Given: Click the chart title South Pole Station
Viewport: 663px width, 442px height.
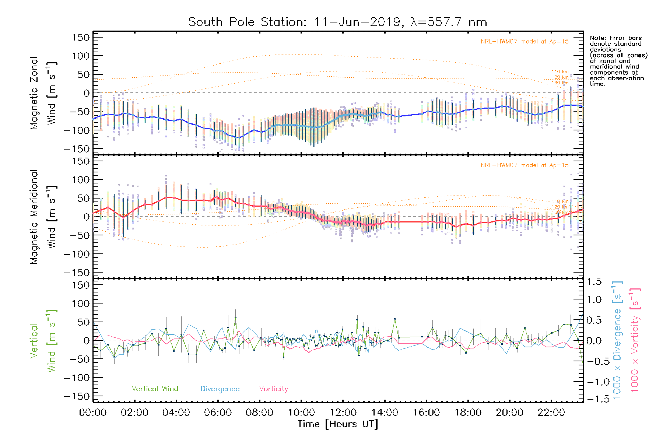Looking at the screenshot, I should coord(337,22).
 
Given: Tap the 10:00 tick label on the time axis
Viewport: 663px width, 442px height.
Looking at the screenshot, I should coord(301,413).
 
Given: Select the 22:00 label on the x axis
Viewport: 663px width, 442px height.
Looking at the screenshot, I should coord(551,413).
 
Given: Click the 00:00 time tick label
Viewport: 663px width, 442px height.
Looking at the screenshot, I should coord(93,413).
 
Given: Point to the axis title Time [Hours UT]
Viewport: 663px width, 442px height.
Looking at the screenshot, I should coord(338,424).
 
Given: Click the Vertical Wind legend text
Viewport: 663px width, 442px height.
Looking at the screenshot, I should coord(155,389).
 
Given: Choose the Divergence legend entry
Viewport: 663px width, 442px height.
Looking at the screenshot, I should coord(220,389).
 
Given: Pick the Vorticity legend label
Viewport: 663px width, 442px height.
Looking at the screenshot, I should coord(273,389).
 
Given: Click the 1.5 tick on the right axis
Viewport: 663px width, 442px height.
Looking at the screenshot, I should coord(594,282).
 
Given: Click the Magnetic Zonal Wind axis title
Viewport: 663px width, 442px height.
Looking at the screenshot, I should coord(43,93).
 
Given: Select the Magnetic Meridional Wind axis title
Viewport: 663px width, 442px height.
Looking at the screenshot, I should coord(43,217).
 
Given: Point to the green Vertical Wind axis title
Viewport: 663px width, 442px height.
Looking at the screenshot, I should coord(43,341).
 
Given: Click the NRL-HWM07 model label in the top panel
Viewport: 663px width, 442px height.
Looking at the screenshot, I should coord(525,42).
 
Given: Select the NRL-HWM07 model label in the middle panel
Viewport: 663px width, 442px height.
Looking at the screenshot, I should coord(525,165).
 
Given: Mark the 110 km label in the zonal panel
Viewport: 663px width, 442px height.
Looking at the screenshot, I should coord(560,72).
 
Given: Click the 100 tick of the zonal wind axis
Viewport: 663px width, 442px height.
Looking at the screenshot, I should coord(81,56).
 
